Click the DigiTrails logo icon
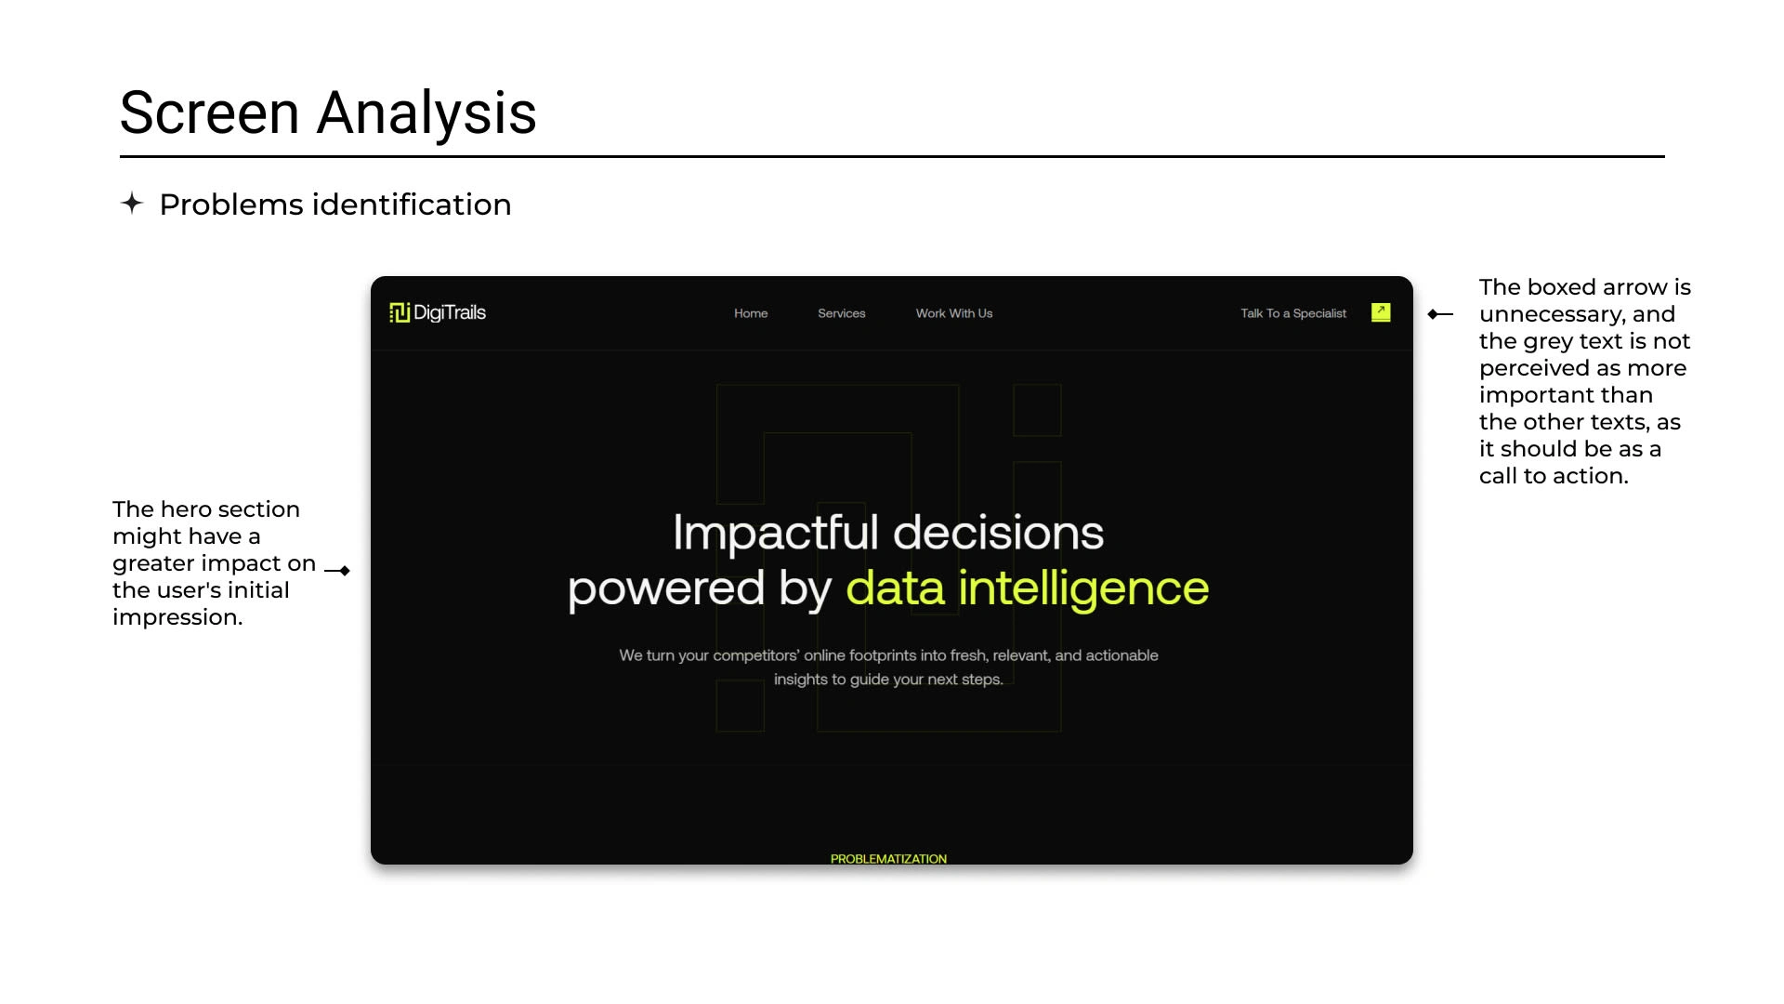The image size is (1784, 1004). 400,312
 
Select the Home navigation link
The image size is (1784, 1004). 751,313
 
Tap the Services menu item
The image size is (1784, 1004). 842,313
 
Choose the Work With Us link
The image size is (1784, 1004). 954,313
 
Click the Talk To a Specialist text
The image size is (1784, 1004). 1293,313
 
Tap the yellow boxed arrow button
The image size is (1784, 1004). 1381,312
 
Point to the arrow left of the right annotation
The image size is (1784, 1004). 1440,314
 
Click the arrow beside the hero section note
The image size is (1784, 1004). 337,571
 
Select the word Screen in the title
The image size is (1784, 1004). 210,113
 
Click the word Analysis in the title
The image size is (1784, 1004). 426,113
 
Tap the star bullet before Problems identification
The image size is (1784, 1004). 132,203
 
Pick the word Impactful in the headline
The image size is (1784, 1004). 776,533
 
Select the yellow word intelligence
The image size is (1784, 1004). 1083,588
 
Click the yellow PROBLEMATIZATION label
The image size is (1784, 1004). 888,859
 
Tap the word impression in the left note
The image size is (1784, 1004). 177,617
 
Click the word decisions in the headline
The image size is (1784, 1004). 999,533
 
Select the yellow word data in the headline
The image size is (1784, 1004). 895,588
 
